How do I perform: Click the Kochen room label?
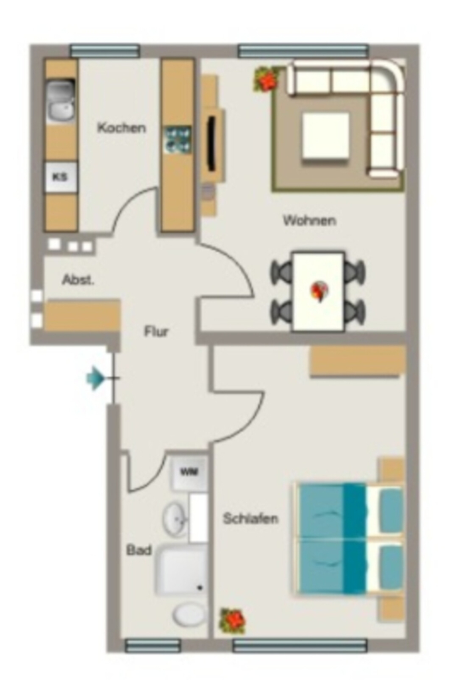pos(121,128)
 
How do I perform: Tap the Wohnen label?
pos(309,220)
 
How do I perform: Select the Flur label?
pos(156,332)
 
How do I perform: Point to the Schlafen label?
pos(251,518)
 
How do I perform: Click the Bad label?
pos(139,550)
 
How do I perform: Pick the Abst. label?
pos(78,280)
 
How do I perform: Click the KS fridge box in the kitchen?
pos(60,177)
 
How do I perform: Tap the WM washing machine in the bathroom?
pos(188,473)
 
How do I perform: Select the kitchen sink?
pos(60,101)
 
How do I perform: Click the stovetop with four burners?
pos(178,139)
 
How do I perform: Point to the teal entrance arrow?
pos(96,379)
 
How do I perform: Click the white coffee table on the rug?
pos(326,135)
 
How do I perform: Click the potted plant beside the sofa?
pos(266,80)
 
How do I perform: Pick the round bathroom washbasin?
pos(175,518)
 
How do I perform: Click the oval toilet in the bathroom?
pos(189,614)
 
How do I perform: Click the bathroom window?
pos(153,645)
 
